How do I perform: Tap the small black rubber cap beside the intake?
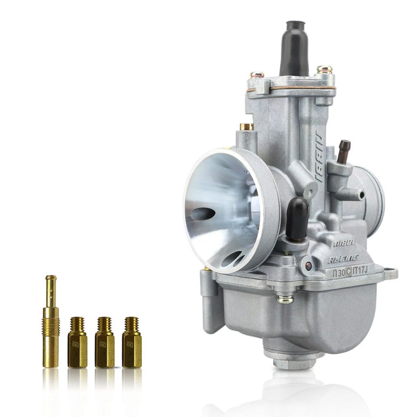[x=297, y=217]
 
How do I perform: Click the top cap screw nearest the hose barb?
[x=324, y=70]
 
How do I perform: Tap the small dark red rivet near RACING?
[x=308, y=267]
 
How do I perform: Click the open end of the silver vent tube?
[x=361, y=195]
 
